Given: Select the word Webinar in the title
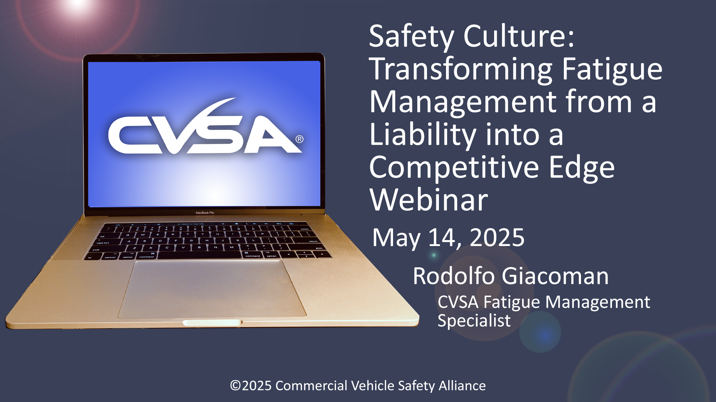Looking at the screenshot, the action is (429, 200).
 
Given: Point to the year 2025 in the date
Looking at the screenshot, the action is (497, 237).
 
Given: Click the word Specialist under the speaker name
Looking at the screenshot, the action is (474, 321).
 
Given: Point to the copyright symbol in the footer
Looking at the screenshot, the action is (235, 386).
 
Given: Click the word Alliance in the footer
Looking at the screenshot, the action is (462, 386).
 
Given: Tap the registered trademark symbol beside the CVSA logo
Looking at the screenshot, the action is (299, 139).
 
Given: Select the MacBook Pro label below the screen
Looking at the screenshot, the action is (205, 213).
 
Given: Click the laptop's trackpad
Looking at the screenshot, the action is (213, 289).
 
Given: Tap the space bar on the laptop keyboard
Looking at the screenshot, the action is (200, 255).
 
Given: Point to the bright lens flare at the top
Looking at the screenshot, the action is (79, 4).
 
